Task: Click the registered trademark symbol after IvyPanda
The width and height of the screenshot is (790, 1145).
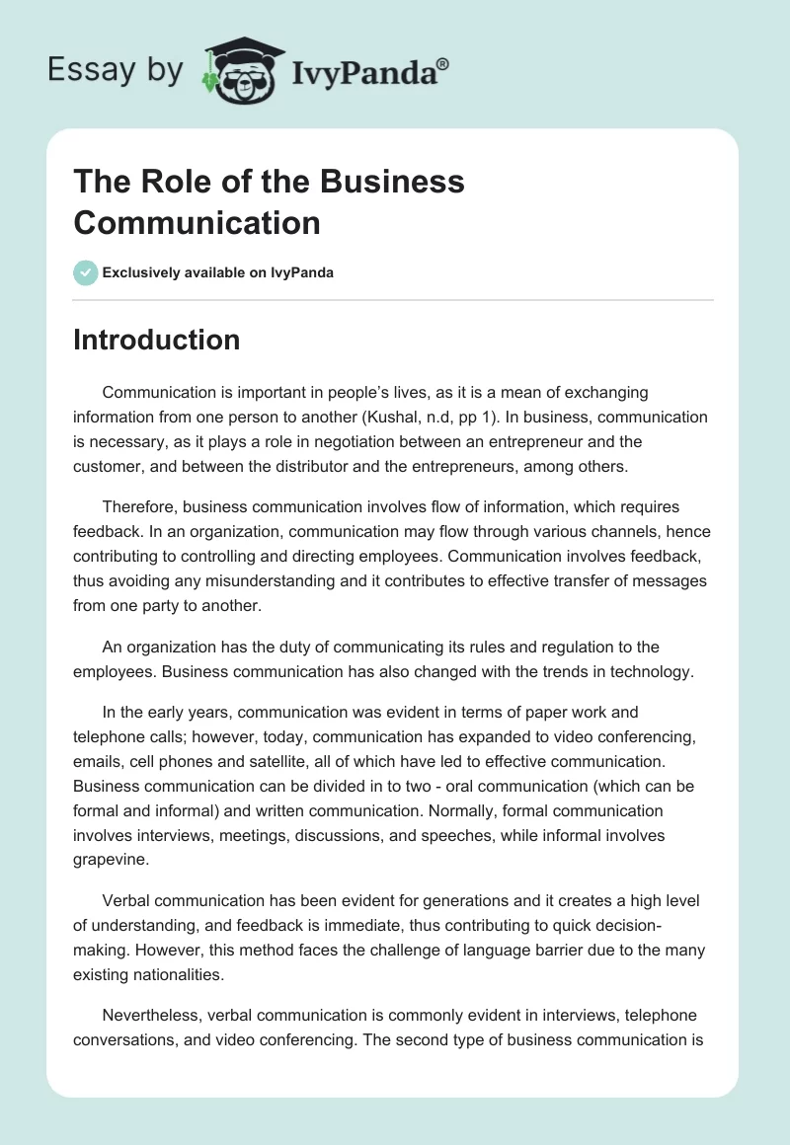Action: point(443,64)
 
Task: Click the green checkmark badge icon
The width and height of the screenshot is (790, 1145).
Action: point(86,272)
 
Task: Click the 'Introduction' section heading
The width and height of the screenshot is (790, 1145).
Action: point(156,340)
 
